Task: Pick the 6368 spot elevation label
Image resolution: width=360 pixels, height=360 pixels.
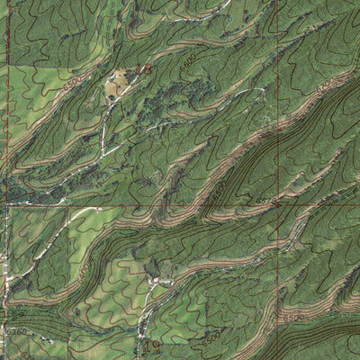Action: tap(15, 332)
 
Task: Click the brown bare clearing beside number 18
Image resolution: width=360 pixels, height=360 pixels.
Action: tap(115, 86)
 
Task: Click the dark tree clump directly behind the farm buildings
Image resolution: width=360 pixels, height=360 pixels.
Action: tap(153, 268)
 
